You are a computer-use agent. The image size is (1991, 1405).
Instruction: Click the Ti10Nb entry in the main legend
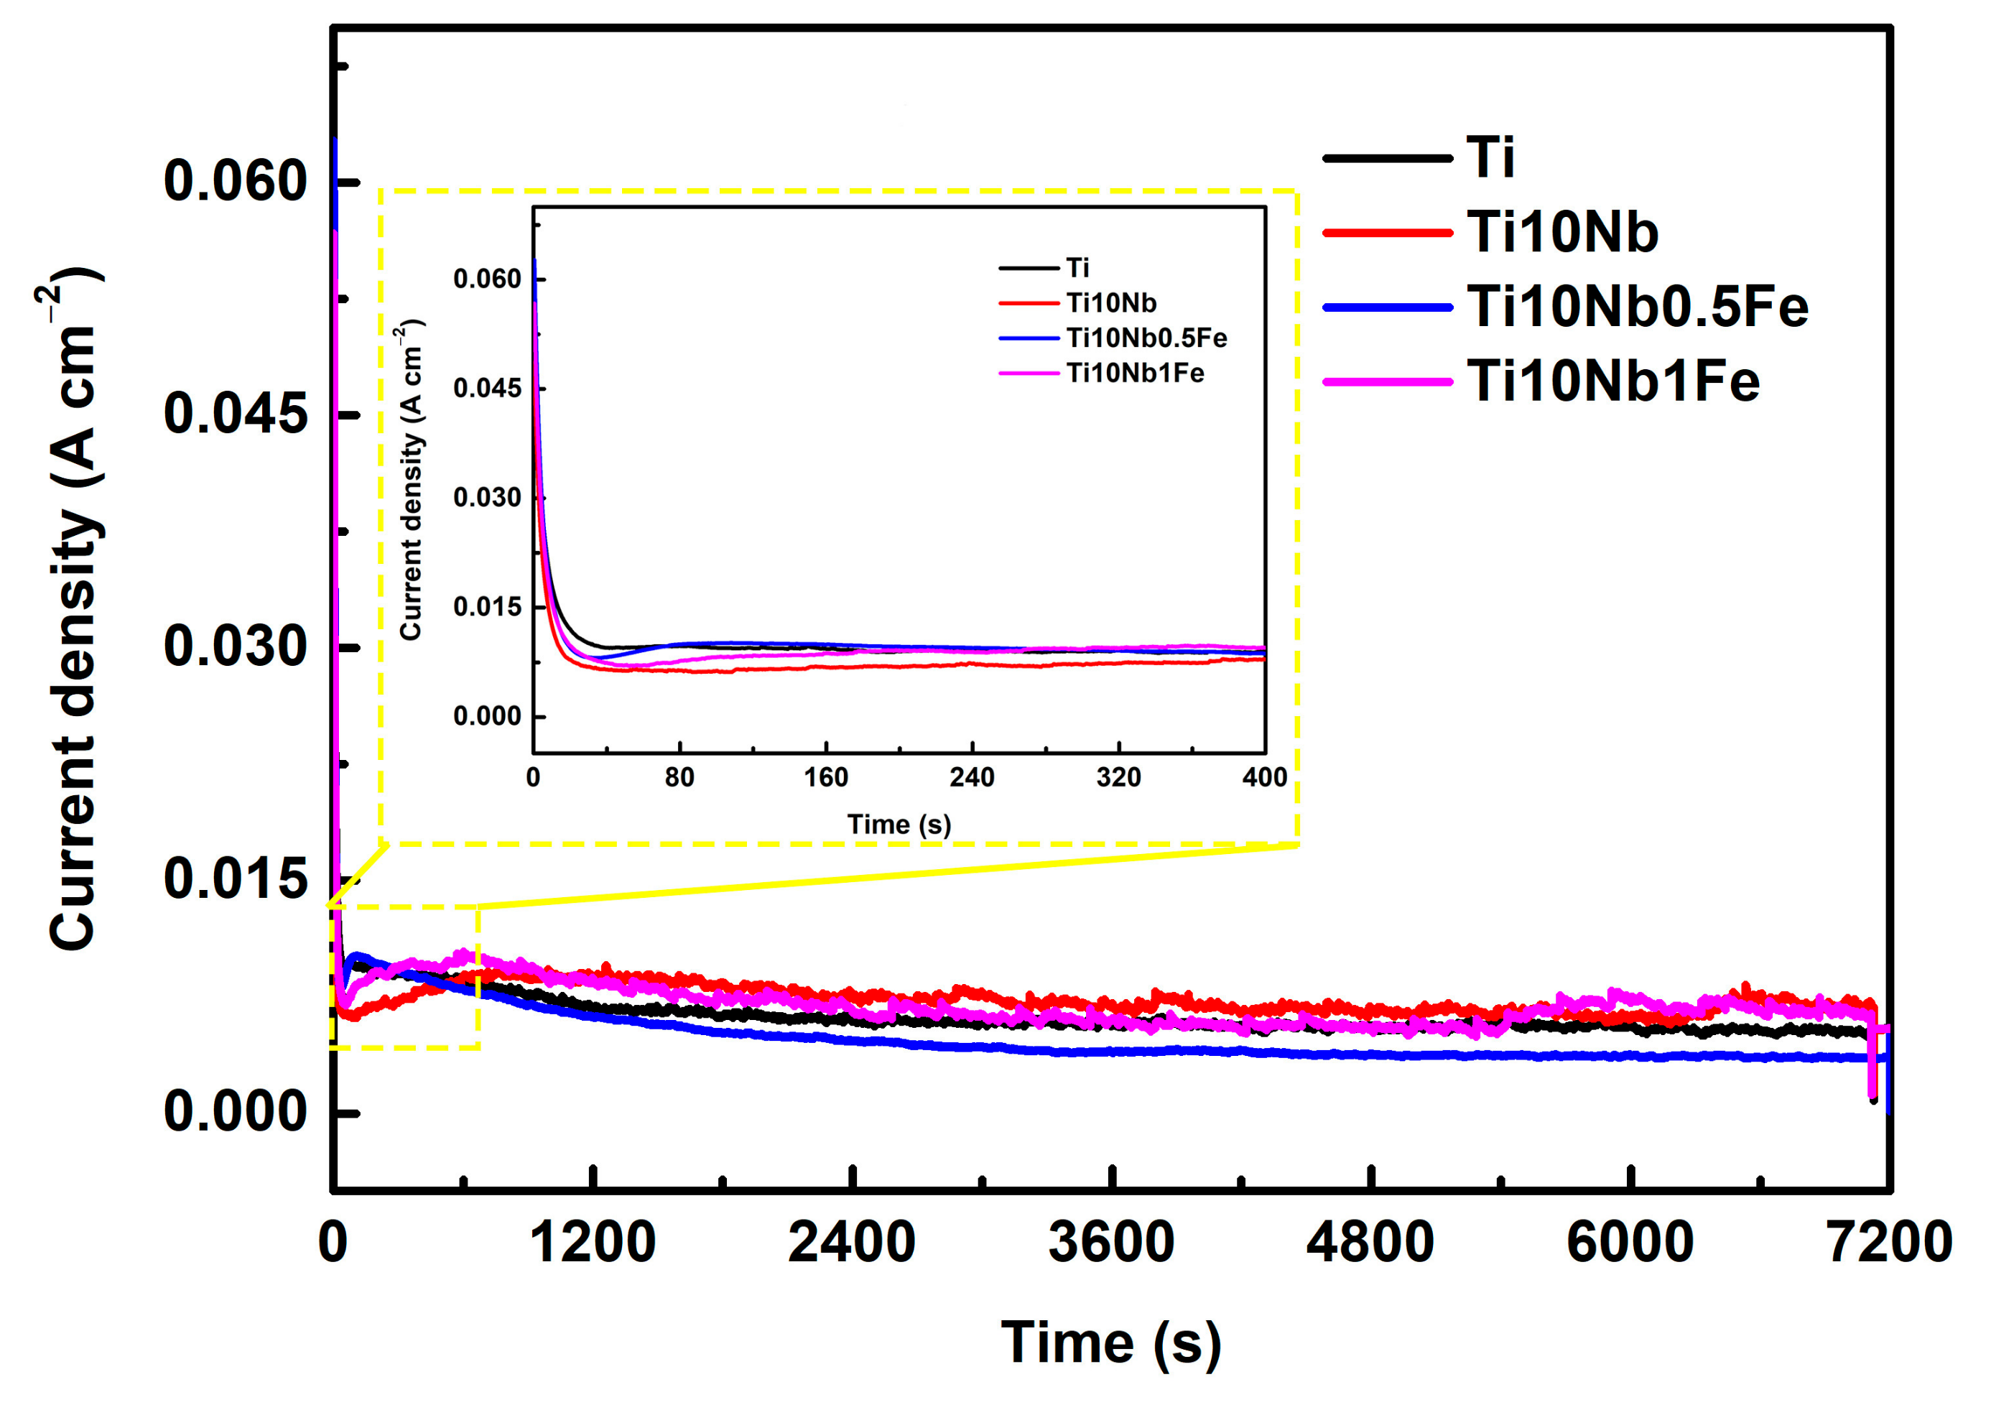[1561, 233]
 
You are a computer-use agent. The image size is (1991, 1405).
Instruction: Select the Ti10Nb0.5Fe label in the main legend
[1636, 307]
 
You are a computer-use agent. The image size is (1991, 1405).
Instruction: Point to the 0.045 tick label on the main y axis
[235, 414]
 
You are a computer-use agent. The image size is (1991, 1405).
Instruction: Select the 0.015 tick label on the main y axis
[235, 878]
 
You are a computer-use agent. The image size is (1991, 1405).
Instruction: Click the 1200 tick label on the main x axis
[593, 1242]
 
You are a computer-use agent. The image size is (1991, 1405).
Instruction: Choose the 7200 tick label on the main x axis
[1889, 1242]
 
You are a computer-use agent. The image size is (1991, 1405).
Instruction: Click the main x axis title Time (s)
[1111, 1343]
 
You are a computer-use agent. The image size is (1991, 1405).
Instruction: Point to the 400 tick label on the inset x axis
[1264, 778]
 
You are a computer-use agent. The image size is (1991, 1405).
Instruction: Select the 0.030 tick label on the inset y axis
[488, 498]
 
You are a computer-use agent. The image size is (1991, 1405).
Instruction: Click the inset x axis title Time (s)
[899, 824]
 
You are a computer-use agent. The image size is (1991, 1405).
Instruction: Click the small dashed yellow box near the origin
[404, 978]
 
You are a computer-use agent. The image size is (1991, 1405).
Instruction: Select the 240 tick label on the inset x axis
[971, 778]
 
